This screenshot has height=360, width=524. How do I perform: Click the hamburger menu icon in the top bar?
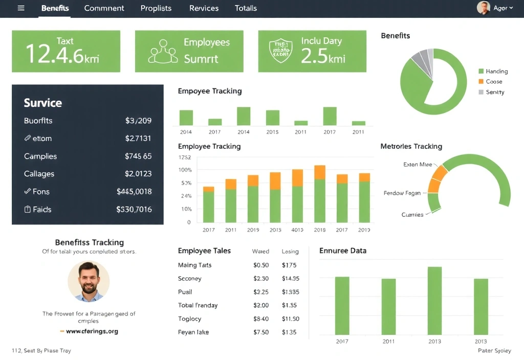pyautogui.click(x=21, y=8)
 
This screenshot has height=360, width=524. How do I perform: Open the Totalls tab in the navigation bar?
pyautogui.click(x=246, y=8)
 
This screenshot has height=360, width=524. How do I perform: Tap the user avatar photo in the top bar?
pyautogui.click(x=483, y=8)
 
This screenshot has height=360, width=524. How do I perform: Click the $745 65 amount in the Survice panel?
pyautogui.click(x=138, y=156)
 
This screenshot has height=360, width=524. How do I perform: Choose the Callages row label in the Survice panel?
pyautogui.click(x=39, y=174)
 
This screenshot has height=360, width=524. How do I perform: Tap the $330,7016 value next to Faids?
pyautogui.click(x=134, y=209)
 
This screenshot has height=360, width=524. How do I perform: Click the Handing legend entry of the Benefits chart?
pyautogui.click(x=496, y=72)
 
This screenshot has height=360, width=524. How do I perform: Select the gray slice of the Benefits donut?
pyautogui.click(x=422, y=60)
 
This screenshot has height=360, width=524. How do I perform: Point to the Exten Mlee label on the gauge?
pyautogui.click(x=418, y=165)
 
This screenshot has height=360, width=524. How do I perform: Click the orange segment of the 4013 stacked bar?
pyautogui.click(x=297, y=177)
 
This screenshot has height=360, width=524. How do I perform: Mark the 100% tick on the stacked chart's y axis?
pyautogui.click(x=185, y=170)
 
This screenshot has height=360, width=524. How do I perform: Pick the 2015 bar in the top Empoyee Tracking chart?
pyautogui.click(x=273, y=118)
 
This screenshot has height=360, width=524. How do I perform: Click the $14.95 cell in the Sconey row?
pyautogui.click(x=290, y=279)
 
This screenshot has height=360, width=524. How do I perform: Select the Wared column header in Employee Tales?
pyautogui.click(x=260, y=252)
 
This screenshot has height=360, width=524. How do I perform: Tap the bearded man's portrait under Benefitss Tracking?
pyautogui.click(x=89, y=281)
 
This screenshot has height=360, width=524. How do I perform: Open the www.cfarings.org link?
pyautogui.click(x=92, y=331)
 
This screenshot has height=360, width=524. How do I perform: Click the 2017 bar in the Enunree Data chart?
pyautogui.click(x=342, y=305)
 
